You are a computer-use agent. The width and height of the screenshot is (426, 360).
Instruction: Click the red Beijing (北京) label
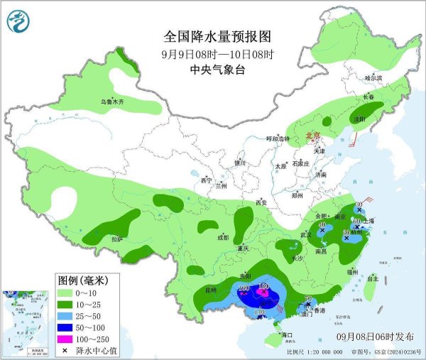pyautogui.click(x=313, y=135)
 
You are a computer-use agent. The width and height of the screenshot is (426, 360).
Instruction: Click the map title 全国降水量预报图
pyautogui.click(x=217, y=36)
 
